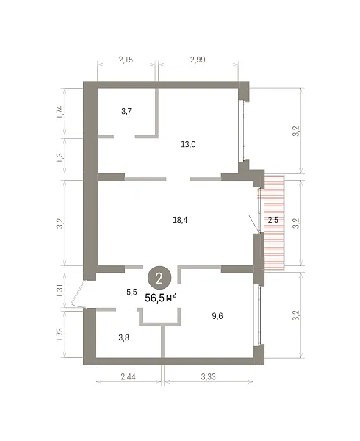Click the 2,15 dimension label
click(x=126, y=60)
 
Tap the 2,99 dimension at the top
click(x=198, y=60)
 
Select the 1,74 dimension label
click(x=60, y=112)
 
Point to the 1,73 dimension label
click(x=60, y=334)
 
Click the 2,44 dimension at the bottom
click(x=129, y=376)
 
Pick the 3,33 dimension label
click(x=208, y=376)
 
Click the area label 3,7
click(x=126, y=112)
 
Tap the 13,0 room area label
click(x=188, y=145)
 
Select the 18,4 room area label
click(x=180, y=220)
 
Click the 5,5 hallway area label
click(x=132, y=293)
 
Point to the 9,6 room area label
click(x=217, y=316)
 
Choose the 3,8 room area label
click(x=123, y=337)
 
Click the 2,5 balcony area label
click(x=273, y=220)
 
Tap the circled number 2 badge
click(x=159, y=279)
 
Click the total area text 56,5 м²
click(x=160, y=298)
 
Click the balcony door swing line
click(x=253, y=224)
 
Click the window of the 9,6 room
click(x=257, y=315)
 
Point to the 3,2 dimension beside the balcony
click(x=296, y=223)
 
